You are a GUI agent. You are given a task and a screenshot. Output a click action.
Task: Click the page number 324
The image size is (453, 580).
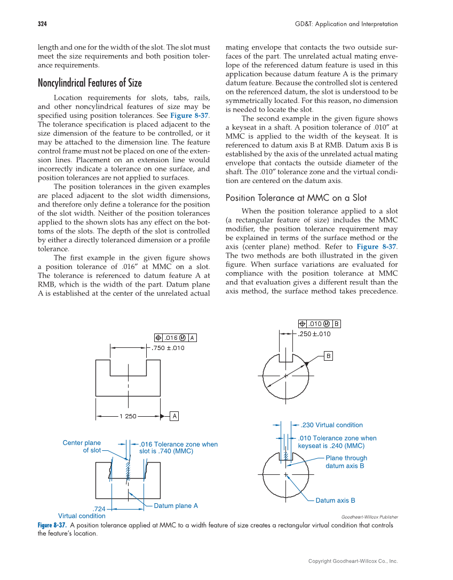click(42, 24)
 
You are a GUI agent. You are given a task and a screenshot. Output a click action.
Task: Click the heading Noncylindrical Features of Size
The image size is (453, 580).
click(90, 83)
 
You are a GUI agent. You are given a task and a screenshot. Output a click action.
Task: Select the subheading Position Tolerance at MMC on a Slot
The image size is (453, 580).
click(296, 198)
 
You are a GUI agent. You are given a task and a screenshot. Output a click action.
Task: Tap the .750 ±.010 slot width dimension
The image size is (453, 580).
click(169, 348)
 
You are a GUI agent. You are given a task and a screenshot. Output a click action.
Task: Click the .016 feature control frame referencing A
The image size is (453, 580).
click(176, 338)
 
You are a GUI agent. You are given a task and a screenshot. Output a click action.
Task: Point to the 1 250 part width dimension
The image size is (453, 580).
click(128, 416)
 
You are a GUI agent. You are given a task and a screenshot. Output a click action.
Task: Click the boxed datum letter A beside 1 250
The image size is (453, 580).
click(174, 416)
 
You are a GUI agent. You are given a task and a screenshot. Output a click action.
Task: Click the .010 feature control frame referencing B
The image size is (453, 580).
click(319, 323)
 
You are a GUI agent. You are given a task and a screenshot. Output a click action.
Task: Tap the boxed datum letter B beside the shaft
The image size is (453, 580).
click(329, 355)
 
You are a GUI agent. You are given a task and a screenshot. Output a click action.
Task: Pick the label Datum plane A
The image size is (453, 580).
click(176, 505)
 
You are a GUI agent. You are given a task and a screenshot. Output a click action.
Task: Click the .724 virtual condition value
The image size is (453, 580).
click(99, 509)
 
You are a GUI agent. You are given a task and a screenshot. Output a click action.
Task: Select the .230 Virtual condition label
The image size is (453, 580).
click(331, 425)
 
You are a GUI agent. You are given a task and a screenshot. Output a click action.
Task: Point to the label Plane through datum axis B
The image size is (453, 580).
click(346, 462)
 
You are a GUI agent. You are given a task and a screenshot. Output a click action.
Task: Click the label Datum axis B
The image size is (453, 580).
click(335, 500)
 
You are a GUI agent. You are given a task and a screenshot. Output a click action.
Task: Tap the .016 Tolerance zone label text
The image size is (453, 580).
click(178, 448)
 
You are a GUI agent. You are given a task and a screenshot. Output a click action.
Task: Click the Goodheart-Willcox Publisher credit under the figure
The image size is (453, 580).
click(369, 517)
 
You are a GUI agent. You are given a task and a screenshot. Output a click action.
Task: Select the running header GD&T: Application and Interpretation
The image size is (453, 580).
click(346, 24)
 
